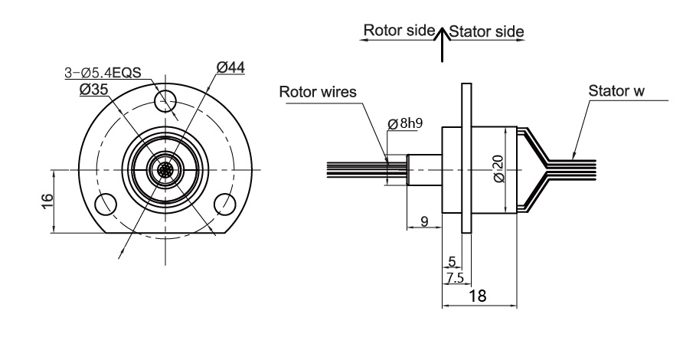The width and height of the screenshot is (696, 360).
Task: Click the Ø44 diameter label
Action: tap(230, 67)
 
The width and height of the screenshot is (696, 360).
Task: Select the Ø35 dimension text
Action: tap(93, 89)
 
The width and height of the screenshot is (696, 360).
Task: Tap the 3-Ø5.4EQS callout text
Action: tap(103, 72)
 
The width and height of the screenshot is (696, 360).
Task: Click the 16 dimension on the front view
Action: tap(47, 201)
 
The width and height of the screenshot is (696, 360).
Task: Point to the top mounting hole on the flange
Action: tap(165, 101)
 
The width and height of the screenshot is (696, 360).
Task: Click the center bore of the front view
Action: tap(165, 170)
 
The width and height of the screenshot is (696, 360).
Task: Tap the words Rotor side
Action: tap(399, 30)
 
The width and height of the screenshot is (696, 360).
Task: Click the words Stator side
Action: tap(486, 31)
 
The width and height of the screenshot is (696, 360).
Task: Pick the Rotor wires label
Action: tap(318, 92)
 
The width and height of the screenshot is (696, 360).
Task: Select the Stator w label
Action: tap(616, 91)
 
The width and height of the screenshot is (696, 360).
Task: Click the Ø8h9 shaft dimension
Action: tap(405, 123)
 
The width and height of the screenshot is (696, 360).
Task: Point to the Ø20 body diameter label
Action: tap(499, 169)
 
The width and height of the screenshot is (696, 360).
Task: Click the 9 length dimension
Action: tap(424, 221)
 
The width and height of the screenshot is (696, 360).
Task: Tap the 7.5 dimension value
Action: tap(455, 278)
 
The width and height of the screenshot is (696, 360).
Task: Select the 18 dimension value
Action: tap(477, 296)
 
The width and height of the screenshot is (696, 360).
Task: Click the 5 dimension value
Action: tap(453, 262)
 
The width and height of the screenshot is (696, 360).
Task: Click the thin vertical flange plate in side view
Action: tap(466, 158)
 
